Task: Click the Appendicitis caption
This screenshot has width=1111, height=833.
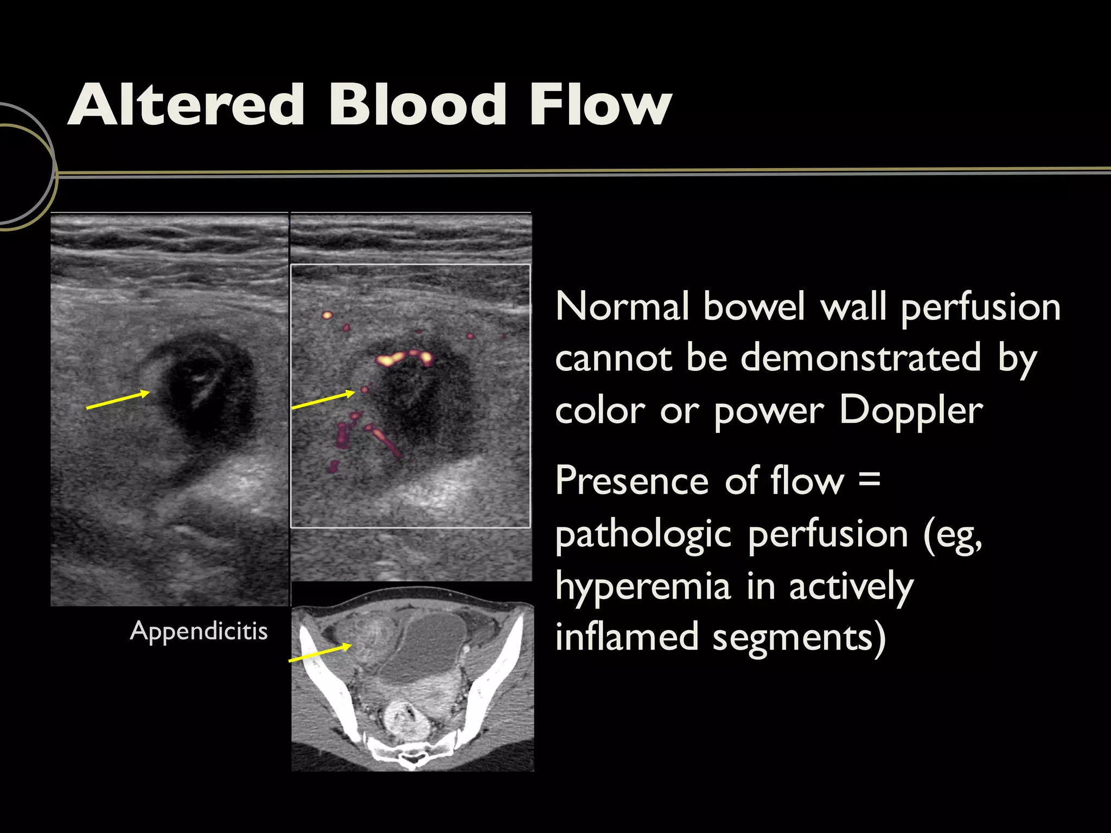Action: pos(199,631)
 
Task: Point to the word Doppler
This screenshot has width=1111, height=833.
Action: pos(911,410)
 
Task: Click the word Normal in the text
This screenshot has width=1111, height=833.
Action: pos(622,306)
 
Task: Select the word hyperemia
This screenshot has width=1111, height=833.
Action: pos(643,587)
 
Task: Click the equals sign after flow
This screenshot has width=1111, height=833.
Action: pos(870,479)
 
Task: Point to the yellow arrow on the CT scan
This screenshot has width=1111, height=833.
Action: pos(320,653)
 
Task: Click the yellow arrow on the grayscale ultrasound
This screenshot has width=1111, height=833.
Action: pos(118,399)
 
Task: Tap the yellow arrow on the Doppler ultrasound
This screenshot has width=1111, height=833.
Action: pos(323,400)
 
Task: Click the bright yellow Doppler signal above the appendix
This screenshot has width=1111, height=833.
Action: pos(404,357)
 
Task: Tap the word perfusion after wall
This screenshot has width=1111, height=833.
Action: pos(980,307)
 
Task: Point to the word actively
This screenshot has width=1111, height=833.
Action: pos(851,587)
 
